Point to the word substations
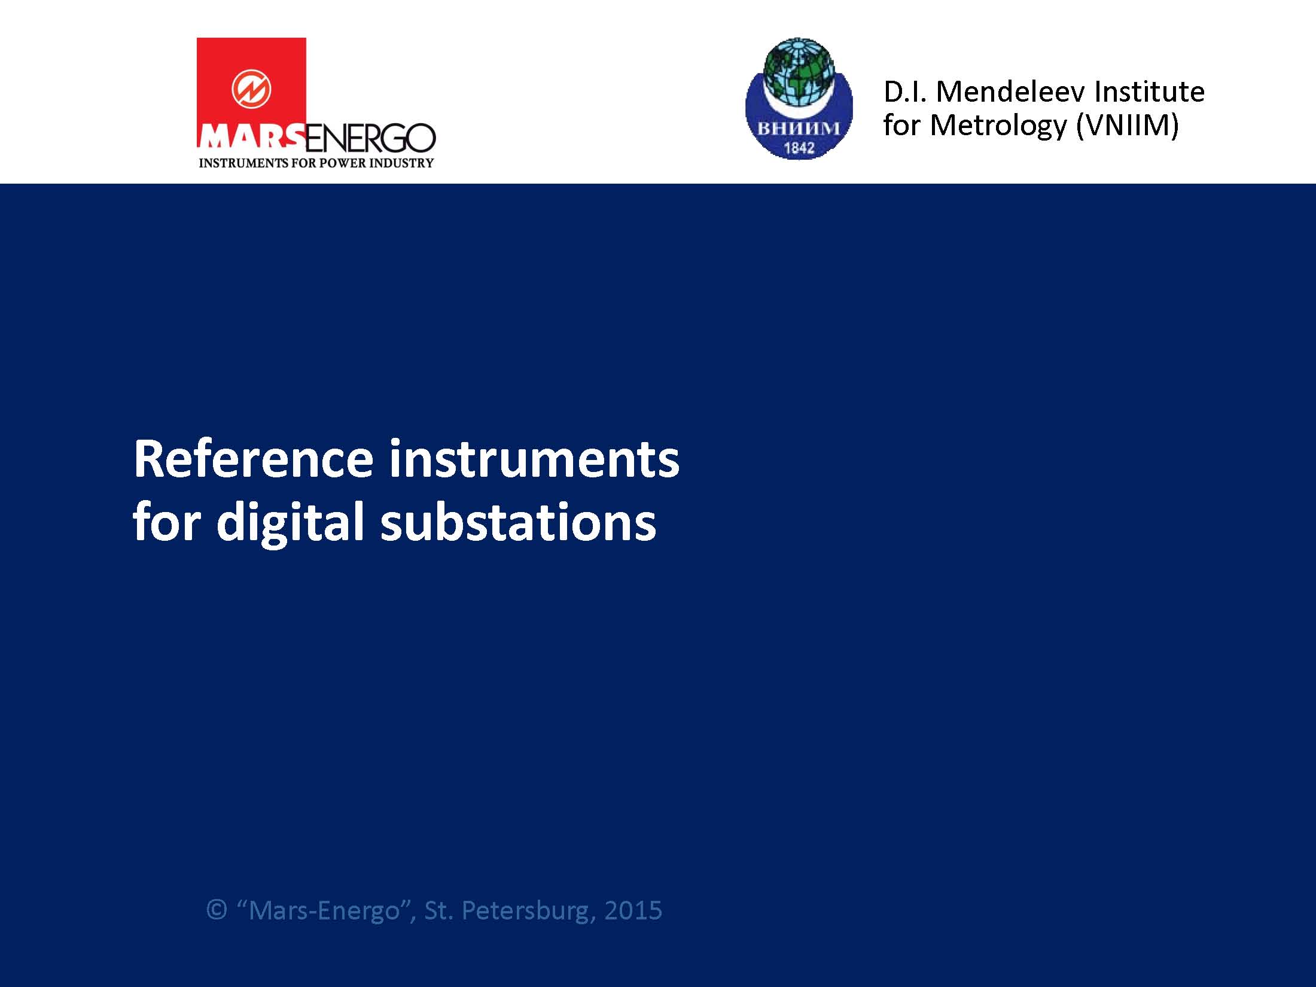pos(518,521)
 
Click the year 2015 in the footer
pos(633,910)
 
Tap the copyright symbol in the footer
pos(217,910)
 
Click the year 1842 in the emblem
pos(799,147)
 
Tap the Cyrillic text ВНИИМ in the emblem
pos(799,129)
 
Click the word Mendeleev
pos(1011,92)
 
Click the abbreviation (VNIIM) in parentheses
pos(1127,126)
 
